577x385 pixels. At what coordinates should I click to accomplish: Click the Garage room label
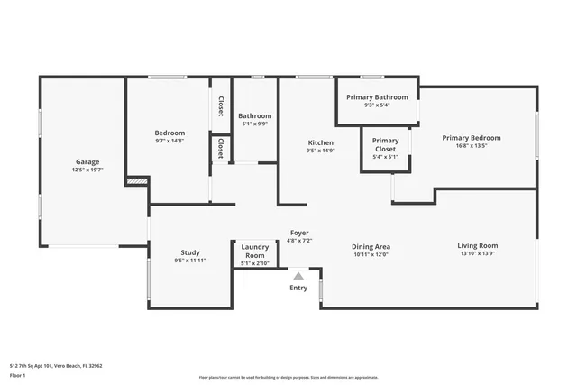[x=87, y=161]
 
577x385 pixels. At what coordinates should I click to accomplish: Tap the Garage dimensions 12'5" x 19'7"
[x=87, y=170]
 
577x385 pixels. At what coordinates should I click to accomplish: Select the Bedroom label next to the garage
[x=169, y=133]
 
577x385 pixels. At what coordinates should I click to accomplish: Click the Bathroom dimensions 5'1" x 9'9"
[x=255, y=124]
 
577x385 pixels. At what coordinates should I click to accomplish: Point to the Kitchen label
[x=321, y=143]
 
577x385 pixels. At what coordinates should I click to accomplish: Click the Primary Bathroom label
[x=377, y=97]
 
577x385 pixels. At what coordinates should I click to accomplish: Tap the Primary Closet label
[x=385, y=144]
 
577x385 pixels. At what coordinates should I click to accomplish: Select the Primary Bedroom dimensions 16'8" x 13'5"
[x=471, y=146]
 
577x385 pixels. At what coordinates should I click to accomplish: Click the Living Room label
[x=477, y=245]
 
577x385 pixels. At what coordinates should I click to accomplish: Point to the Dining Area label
[x=371, y=246]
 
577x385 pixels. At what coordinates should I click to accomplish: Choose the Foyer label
[x=298, y=233]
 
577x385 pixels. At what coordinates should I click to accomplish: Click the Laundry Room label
[x=255, y=250]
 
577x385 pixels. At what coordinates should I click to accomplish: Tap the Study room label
[x=190, y=252]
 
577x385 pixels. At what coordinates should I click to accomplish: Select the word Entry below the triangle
[x=298, y=288]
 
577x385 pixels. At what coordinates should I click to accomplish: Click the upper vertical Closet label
[x=220, y=106]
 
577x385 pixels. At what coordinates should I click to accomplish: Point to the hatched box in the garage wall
[x=135, y=181]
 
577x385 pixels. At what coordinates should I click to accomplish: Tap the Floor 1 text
[x=17, y=374]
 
